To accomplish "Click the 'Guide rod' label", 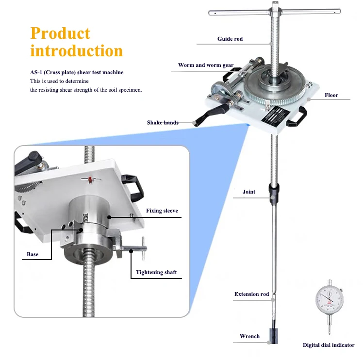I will [230, 39].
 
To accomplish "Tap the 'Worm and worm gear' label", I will [205, 65].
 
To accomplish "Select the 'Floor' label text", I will [331, 95].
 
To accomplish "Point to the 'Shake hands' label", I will [163, 123].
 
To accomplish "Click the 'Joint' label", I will [249, 192].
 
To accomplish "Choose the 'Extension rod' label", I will [251, 294].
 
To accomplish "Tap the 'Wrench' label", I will [249, 336].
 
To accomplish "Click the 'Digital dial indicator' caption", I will [329, 345].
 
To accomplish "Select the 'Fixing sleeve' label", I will [162, 211].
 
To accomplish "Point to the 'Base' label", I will [33, 254].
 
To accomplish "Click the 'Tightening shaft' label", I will [156, 272].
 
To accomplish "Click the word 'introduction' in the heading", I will [76, 50].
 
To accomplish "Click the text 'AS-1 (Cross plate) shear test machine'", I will [77, 72].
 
